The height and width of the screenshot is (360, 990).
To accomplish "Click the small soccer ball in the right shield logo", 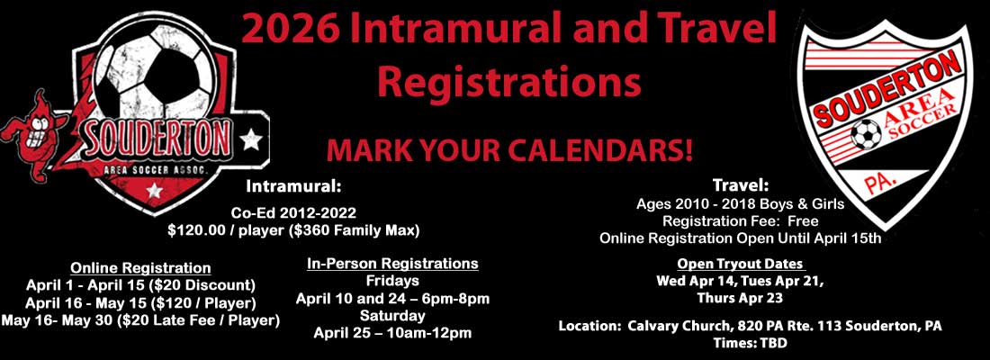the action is pyautogui.click(x=866, y=134).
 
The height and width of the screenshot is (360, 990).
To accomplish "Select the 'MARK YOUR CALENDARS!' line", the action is pyautogui.click(x=508, y=150).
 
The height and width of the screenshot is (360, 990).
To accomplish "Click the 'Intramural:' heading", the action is pyautogui.click(x=293, y=187).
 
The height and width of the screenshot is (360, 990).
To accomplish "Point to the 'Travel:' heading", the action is pyautogui.click(x=741, y=186).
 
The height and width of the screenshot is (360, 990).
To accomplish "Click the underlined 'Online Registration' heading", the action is pyautogui.click(x=140, y=267).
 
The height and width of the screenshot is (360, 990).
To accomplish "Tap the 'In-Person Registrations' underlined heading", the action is pyautogui.click(x=392, y=263).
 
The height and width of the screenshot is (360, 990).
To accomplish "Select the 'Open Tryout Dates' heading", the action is pyautogui.click(x=741, y=264).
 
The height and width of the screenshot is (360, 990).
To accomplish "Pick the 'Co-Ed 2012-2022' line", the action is pyautogui.click(x=293, y=212).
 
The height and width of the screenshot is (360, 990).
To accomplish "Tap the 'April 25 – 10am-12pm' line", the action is pyautogui.click(x=392, y=333).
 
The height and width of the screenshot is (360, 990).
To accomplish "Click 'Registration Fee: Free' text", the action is pyautogui.click(x=741, y=221).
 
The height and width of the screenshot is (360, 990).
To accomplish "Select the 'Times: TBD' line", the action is pyautogui.click(x=750, y=344).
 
